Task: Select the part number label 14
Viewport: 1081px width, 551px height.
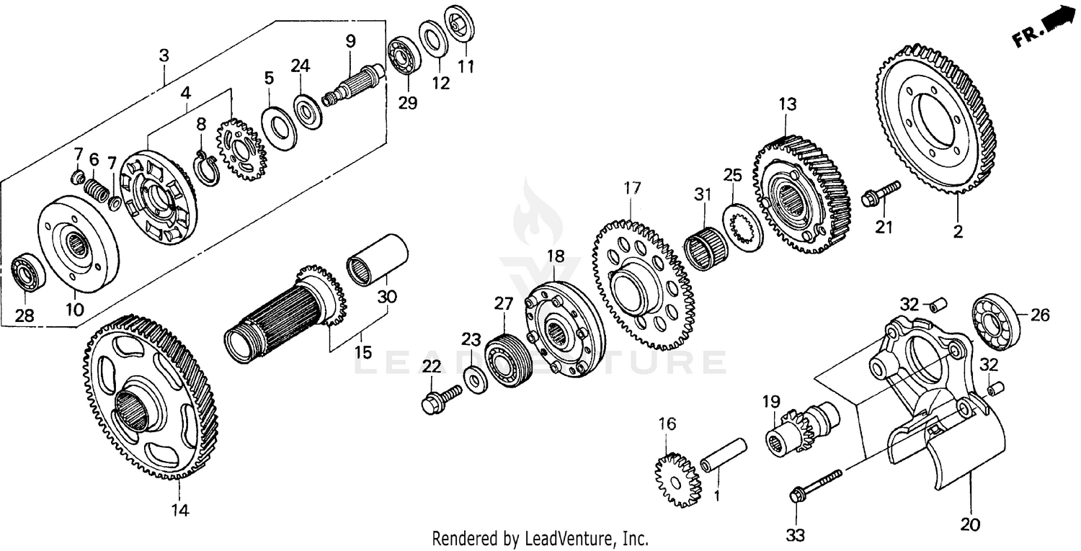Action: pyautogui.click(x=179, y=510)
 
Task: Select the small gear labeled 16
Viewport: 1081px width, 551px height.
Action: pyautogui.click(x=677, y=479)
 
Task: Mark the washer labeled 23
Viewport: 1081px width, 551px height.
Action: pyautogui.click(x=473, y=378)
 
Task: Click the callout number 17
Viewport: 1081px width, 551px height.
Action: pyautogui.click(x=632, y=189)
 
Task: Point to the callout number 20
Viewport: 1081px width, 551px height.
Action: pyautogui.click(x=970, y=524)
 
